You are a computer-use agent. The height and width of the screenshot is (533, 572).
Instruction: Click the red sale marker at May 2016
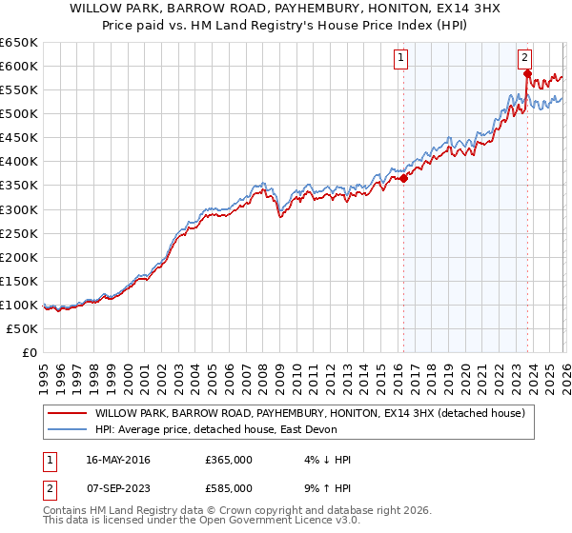pos(403,177)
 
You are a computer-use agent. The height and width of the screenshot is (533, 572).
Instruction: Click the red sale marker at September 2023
pos(527,72)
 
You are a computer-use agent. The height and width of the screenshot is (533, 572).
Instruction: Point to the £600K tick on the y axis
pos(20,66)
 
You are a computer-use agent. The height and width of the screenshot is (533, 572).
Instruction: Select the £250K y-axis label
pos(20,233)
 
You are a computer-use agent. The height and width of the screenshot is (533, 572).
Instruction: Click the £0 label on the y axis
pos(30,352)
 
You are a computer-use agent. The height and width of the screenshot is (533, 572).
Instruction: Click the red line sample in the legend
pos(68,413)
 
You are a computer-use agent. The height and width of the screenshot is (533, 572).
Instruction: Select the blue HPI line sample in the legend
pos(68,429)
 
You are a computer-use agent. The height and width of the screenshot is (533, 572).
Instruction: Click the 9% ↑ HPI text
pos(326,488)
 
